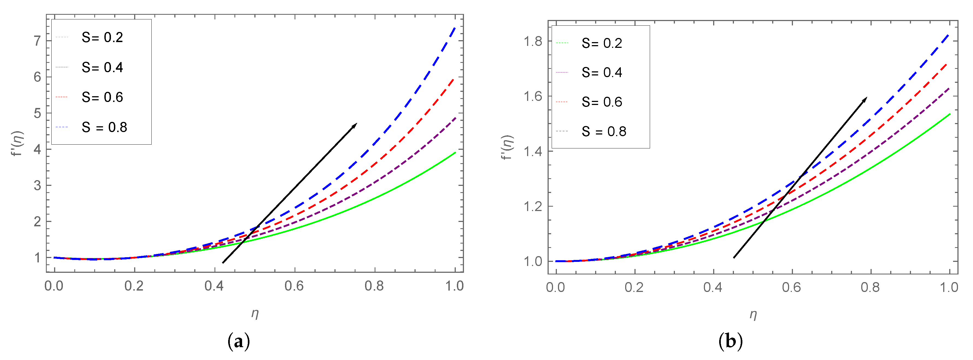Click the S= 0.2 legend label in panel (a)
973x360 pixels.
(x=102, y=37)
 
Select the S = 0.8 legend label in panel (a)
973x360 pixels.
(x=104, y=127)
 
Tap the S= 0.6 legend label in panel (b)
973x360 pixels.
(x=602, y=102)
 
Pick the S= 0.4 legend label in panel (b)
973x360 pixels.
(x=602, y=72)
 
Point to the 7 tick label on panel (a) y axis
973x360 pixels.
(x=37, y=41)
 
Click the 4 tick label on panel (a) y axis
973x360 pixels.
(x=37, y=149)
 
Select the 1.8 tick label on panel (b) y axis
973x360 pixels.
(x=533, y=41)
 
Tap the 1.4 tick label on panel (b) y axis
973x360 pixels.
(x=533, y=151)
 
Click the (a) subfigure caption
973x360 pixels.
(x=239, y=342)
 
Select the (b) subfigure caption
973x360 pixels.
(x=731, y=342)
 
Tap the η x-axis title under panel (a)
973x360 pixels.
(x=255, y=313)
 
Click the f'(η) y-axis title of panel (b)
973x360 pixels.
(x=508, y=147)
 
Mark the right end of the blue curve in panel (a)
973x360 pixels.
(x=455, y=27)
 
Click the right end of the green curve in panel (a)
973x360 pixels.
(x=455, y=152)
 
